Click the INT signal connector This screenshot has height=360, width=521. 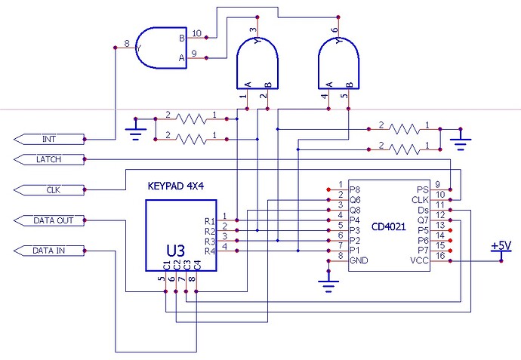[x=47, y=139]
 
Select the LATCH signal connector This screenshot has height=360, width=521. [x=47, y=159]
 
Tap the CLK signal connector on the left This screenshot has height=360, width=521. [x=47, y=189]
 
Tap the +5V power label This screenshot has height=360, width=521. [x=501, y=246]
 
